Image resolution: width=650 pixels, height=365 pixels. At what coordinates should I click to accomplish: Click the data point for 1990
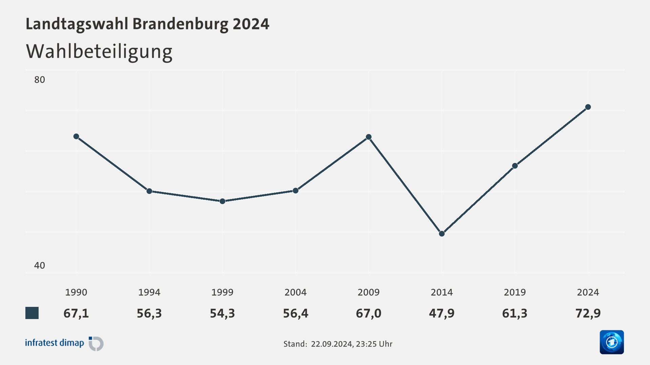(76, 137)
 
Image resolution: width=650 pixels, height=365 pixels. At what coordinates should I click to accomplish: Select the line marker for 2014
(442, 234)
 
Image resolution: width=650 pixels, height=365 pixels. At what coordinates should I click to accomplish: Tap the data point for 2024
(588, 107)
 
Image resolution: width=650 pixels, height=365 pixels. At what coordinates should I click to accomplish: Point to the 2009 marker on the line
(369, 137)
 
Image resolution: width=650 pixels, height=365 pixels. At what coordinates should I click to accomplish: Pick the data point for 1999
(222, 201)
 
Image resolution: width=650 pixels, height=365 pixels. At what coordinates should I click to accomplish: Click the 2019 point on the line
(515, 166)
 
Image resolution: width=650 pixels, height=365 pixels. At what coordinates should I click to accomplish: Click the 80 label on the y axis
(40, 80)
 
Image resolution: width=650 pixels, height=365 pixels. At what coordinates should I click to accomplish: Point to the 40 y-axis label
(40, 265)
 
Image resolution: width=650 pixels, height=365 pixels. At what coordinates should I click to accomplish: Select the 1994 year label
(149, 292)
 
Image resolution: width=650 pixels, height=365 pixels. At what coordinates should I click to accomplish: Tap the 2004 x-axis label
(296, 292)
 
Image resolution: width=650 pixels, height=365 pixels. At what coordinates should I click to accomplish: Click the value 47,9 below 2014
(442, 313)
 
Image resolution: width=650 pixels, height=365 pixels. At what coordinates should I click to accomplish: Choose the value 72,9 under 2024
(588, 313)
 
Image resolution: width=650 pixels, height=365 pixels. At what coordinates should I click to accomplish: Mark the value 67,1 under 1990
(76, 313)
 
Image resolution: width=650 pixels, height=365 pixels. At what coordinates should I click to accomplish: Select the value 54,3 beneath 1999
(222, 313)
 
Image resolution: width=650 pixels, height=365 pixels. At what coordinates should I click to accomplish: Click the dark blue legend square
(32, 313)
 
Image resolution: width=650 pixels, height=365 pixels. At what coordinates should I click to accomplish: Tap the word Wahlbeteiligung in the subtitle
(99, 52)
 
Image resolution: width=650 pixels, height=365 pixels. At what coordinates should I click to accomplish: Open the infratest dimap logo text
(55, 343)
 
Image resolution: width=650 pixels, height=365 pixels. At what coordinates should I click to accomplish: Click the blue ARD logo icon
(612, 342)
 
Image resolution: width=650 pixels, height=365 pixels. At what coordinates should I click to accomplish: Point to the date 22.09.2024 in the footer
(332, 344)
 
